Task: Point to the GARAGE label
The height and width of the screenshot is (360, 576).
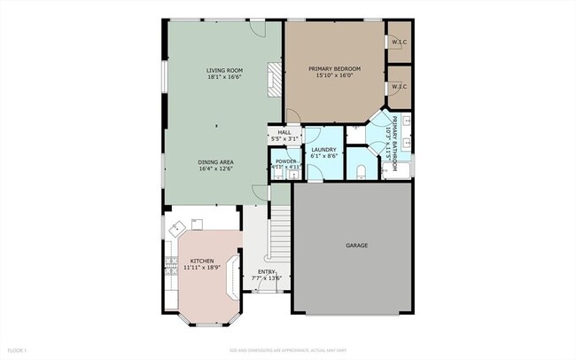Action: [x=356, y=245]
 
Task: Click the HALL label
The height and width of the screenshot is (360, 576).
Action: [x=284, y=135]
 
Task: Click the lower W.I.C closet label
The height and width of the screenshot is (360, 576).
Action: [x=398, y=86]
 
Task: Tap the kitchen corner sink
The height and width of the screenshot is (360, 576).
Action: [x=175, y=229]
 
